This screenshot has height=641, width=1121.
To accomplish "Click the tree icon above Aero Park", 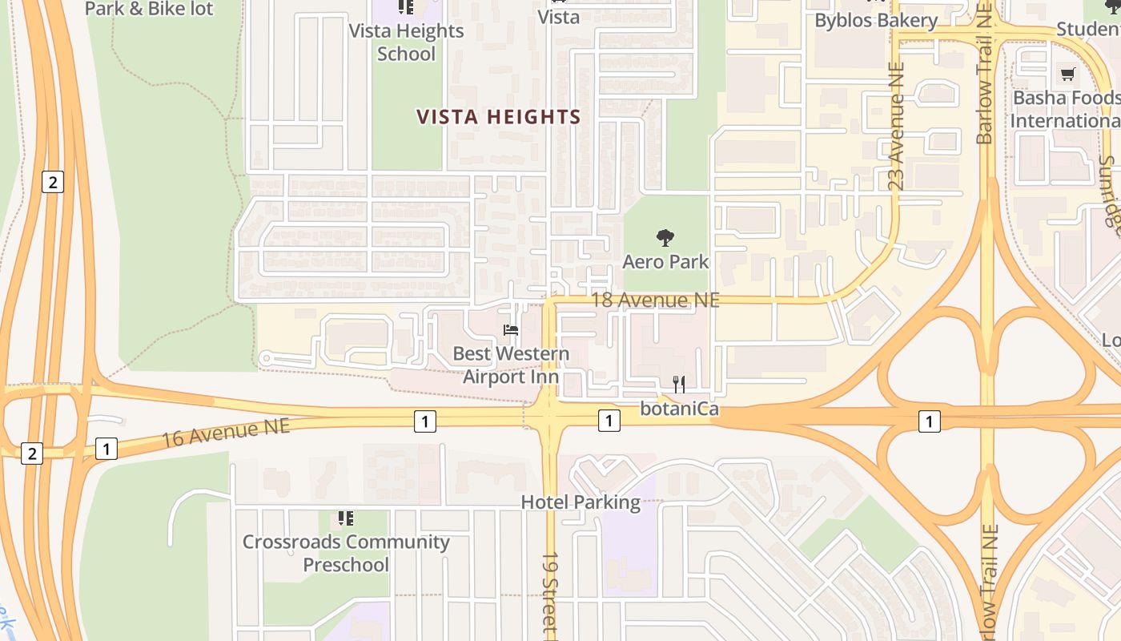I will (x=665, y=238).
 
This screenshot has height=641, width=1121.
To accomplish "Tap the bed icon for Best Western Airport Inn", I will (x=510, y=330).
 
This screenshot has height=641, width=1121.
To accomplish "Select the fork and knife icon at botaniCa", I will (x=679, y=385).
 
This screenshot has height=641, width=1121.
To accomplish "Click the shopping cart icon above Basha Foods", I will (x=1067, y=75).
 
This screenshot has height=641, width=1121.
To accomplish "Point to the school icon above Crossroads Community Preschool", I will (x=346, y=518).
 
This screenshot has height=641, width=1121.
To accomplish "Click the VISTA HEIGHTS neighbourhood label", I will (x=498, y=117).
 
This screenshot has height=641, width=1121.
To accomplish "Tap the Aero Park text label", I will (x=665, y=262).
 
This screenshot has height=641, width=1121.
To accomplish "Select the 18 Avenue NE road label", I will (x=655, y=300).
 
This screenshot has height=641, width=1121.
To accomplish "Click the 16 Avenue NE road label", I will (x=226, y=433).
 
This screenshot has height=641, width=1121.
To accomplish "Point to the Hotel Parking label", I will (x=581, y=502).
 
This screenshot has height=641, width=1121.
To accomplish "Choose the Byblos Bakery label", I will (x=875, y=21).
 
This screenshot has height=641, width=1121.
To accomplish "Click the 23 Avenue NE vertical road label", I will (x=896, y=127).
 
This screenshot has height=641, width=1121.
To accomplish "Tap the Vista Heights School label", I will (x=407, y=42).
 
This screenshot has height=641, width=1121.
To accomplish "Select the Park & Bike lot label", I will (x=150, y=10).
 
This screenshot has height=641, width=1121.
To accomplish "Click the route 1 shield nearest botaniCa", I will (x=609, y=421).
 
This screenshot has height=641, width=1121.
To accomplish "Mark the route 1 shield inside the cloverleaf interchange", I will (x=929, y=421).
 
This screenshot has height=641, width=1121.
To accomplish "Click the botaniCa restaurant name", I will (x=679, y=409).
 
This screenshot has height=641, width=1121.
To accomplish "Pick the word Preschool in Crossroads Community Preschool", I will (x=346, y=565).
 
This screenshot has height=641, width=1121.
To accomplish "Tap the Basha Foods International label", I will (x=1065, y=110).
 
